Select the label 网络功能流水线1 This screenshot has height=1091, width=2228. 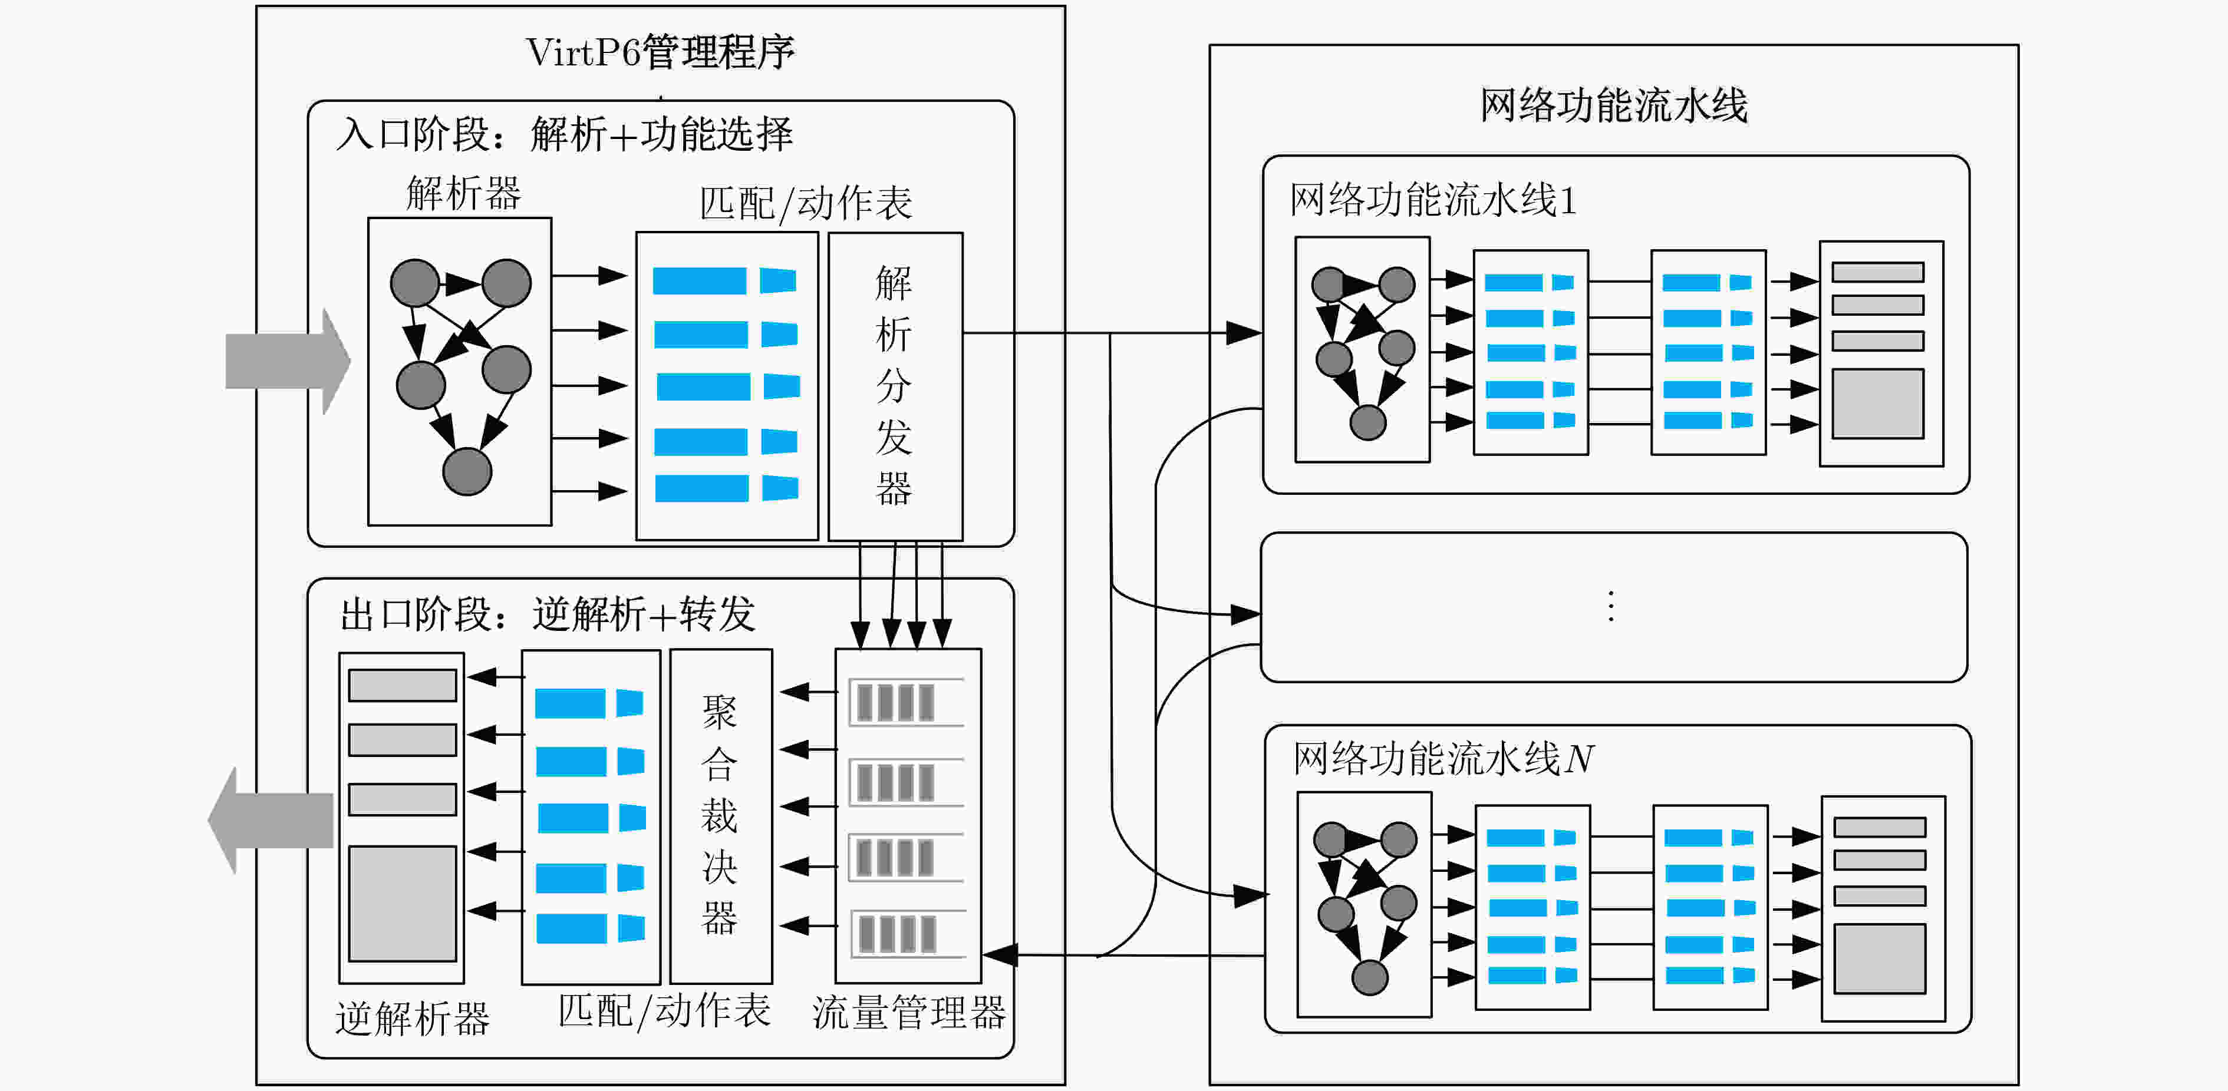1433,200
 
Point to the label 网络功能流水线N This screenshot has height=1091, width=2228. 1443,759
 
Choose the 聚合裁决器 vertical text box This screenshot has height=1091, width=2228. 720,815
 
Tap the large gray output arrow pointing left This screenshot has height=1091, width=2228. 272,819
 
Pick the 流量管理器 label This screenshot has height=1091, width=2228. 908,1012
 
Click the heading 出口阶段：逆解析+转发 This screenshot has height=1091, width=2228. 548,614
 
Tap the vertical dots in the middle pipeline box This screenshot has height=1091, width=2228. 1610,607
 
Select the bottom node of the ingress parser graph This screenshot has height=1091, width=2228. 467,472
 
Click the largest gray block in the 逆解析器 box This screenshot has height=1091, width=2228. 402,904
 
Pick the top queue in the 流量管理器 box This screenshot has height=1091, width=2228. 907,702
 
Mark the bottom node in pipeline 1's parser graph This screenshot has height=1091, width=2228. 1367,423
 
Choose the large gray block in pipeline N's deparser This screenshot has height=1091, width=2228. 1880,958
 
